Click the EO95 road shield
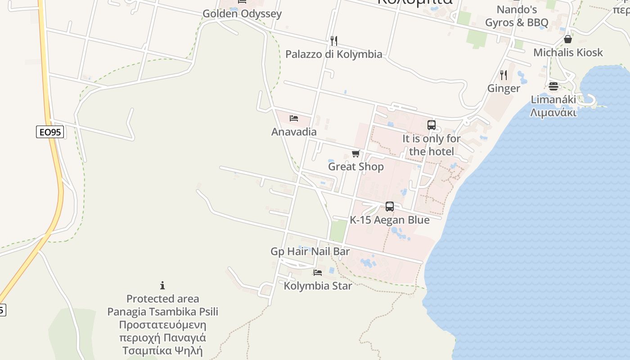coord(50,132)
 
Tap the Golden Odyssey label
coord(242,13)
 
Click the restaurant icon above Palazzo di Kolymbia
coord(333,41)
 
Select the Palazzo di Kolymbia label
coord(333,54)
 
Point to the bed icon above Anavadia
coord(294,118)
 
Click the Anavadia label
coord(294,132)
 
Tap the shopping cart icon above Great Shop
coord(355,154)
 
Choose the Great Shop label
coord(355,166)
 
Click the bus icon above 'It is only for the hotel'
coord(431,125)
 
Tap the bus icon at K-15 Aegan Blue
coord(389,207)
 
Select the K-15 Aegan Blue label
coord(389,220)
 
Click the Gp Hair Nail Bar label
coord(310,252)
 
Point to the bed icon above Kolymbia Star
coord(318,272)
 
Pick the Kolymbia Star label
coord(318,285)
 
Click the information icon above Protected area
coord(162,285)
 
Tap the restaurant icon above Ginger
coord(504,75)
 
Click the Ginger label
coord(504,88)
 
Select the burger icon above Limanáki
coord(553,86)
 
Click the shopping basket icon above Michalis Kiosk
coord(567,39)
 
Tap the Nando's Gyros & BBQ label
coord(516,16)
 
